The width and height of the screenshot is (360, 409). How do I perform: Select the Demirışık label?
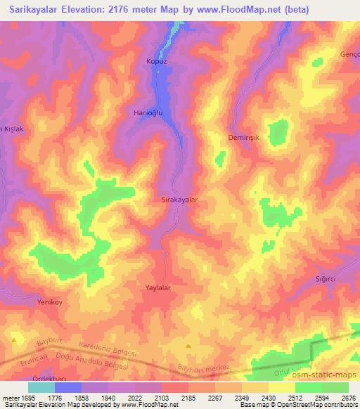point(244,138)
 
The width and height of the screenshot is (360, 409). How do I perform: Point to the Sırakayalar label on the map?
point(180,200)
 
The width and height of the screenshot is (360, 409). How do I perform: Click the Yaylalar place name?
point(158,288)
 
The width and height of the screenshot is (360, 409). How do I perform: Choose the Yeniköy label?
point(50,301)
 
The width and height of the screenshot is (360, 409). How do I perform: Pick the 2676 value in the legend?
point(347,398)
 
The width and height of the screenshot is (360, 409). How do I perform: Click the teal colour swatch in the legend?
point(41,387)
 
